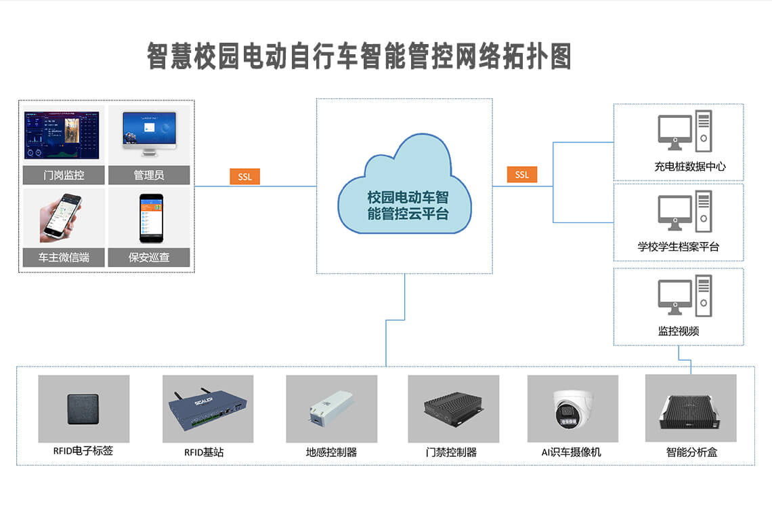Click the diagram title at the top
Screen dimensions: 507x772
(359, 56)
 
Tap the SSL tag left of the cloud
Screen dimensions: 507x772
(244, 177)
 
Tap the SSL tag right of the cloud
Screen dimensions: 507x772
(521, 175)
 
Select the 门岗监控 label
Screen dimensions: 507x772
(64, 175)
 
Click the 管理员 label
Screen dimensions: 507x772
(148, 175)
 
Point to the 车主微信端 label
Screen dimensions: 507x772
(64, 258)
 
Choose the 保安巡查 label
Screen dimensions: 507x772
(148, 258)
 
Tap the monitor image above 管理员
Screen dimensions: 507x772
(149, 130)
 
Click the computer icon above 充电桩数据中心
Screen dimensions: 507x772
(685, 131)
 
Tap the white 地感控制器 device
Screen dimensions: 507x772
(330, 409)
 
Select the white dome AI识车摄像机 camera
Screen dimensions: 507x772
(572, 409)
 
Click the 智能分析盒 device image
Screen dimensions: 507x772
(690, 411)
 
